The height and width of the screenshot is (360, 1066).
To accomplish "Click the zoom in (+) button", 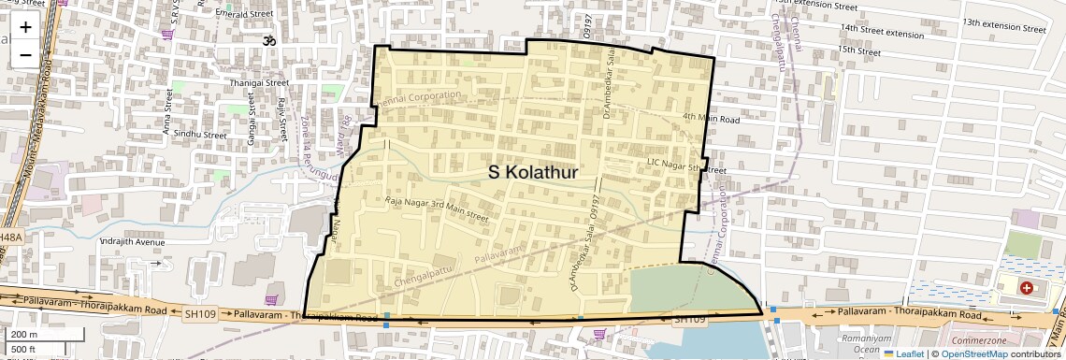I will (25, 27).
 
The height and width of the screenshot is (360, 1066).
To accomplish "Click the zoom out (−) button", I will (25, 54).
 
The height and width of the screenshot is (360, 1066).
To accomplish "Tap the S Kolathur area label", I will (533, 173).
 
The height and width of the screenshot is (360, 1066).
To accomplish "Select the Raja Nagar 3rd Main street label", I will (437, 209).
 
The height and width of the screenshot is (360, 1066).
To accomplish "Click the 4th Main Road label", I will (711, 119).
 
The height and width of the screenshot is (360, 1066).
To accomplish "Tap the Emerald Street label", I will (243, 15).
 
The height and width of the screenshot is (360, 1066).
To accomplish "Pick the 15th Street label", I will (859, 51).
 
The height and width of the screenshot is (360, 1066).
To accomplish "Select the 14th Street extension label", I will (882, 33).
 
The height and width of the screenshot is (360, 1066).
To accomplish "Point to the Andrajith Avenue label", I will (131, 242).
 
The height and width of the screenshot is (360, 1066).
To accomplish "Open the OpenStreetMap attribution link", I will (974, 353).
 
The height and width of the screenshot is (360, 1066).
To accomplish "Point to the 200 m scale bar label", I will (24, 335).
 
